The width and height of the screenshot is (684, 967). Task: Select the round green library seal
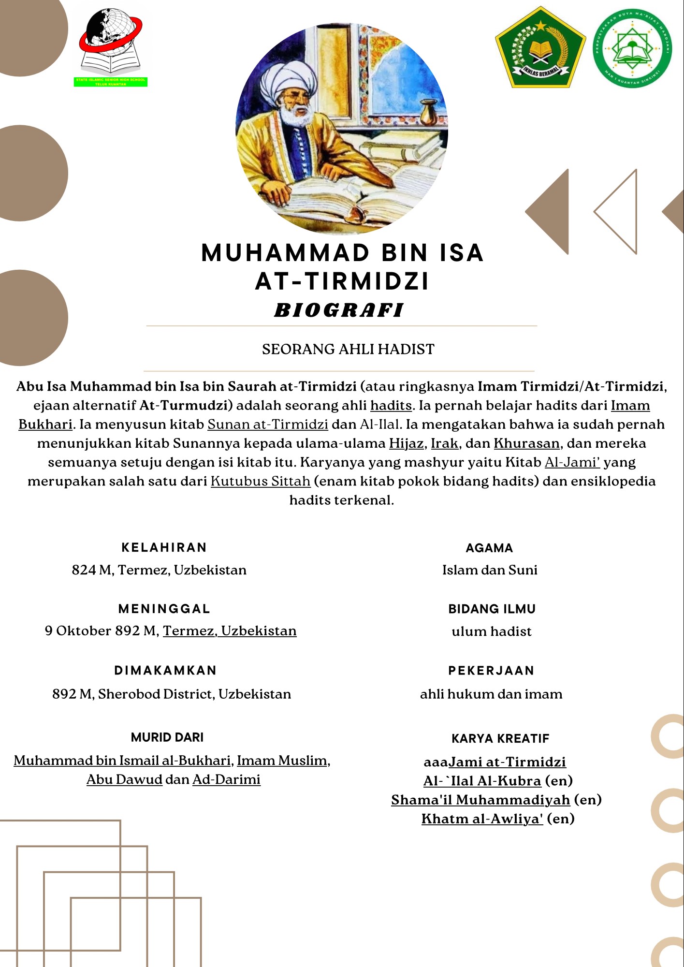pyautogui.click(x=632, y=49)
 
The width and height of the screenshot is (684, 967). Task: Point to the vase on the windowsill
pyautogui.click(x=428, y=113)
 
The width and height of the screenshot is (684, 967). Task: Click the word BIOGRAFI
pyautogui.click(x=339, y=310)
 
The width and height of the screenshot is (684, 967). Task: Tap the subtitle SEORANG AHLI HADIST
pyautogui.click(x=348, y=349)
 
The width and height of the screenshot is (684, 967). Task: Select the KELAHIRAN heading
pyautogui.click(x=164, y=547)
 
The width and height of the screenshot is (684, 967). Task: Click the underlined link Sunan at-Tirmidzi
pyautogui.click(x=268, y=425)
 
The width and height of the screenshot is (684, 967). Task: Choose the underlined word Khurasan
pyautogui.click(x=526, y=443)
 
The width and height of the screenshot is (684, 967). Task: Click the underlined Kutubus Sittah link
pyautogui.click(x=261, y=481)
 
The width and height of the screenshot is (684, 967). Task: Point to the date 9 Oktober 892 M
pyautogui.click(x=101, y=631)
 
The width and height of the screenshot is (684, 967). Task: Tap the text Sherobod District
pyautogui.click(x=156, y=694)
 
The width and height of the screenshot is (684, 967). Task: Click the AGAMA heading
pyautogui.click(x=489, y=548)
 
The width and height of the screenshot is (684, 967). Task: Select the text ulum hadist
pyautogui.click(x=492, y=631)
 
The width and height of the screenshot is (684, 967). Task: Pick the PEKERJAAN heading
pyautogui.click(x=491, y=671)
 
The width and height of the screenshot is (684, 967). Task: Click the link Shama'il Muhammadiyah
pyautogui.click(x=480, y=800)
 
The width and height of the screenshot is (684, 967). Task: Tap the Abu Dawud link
pyautogui.click(x=124, y=780)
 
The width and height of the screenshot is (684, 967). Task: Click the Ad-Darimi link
pyautogui.click(x=226, y=780)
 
